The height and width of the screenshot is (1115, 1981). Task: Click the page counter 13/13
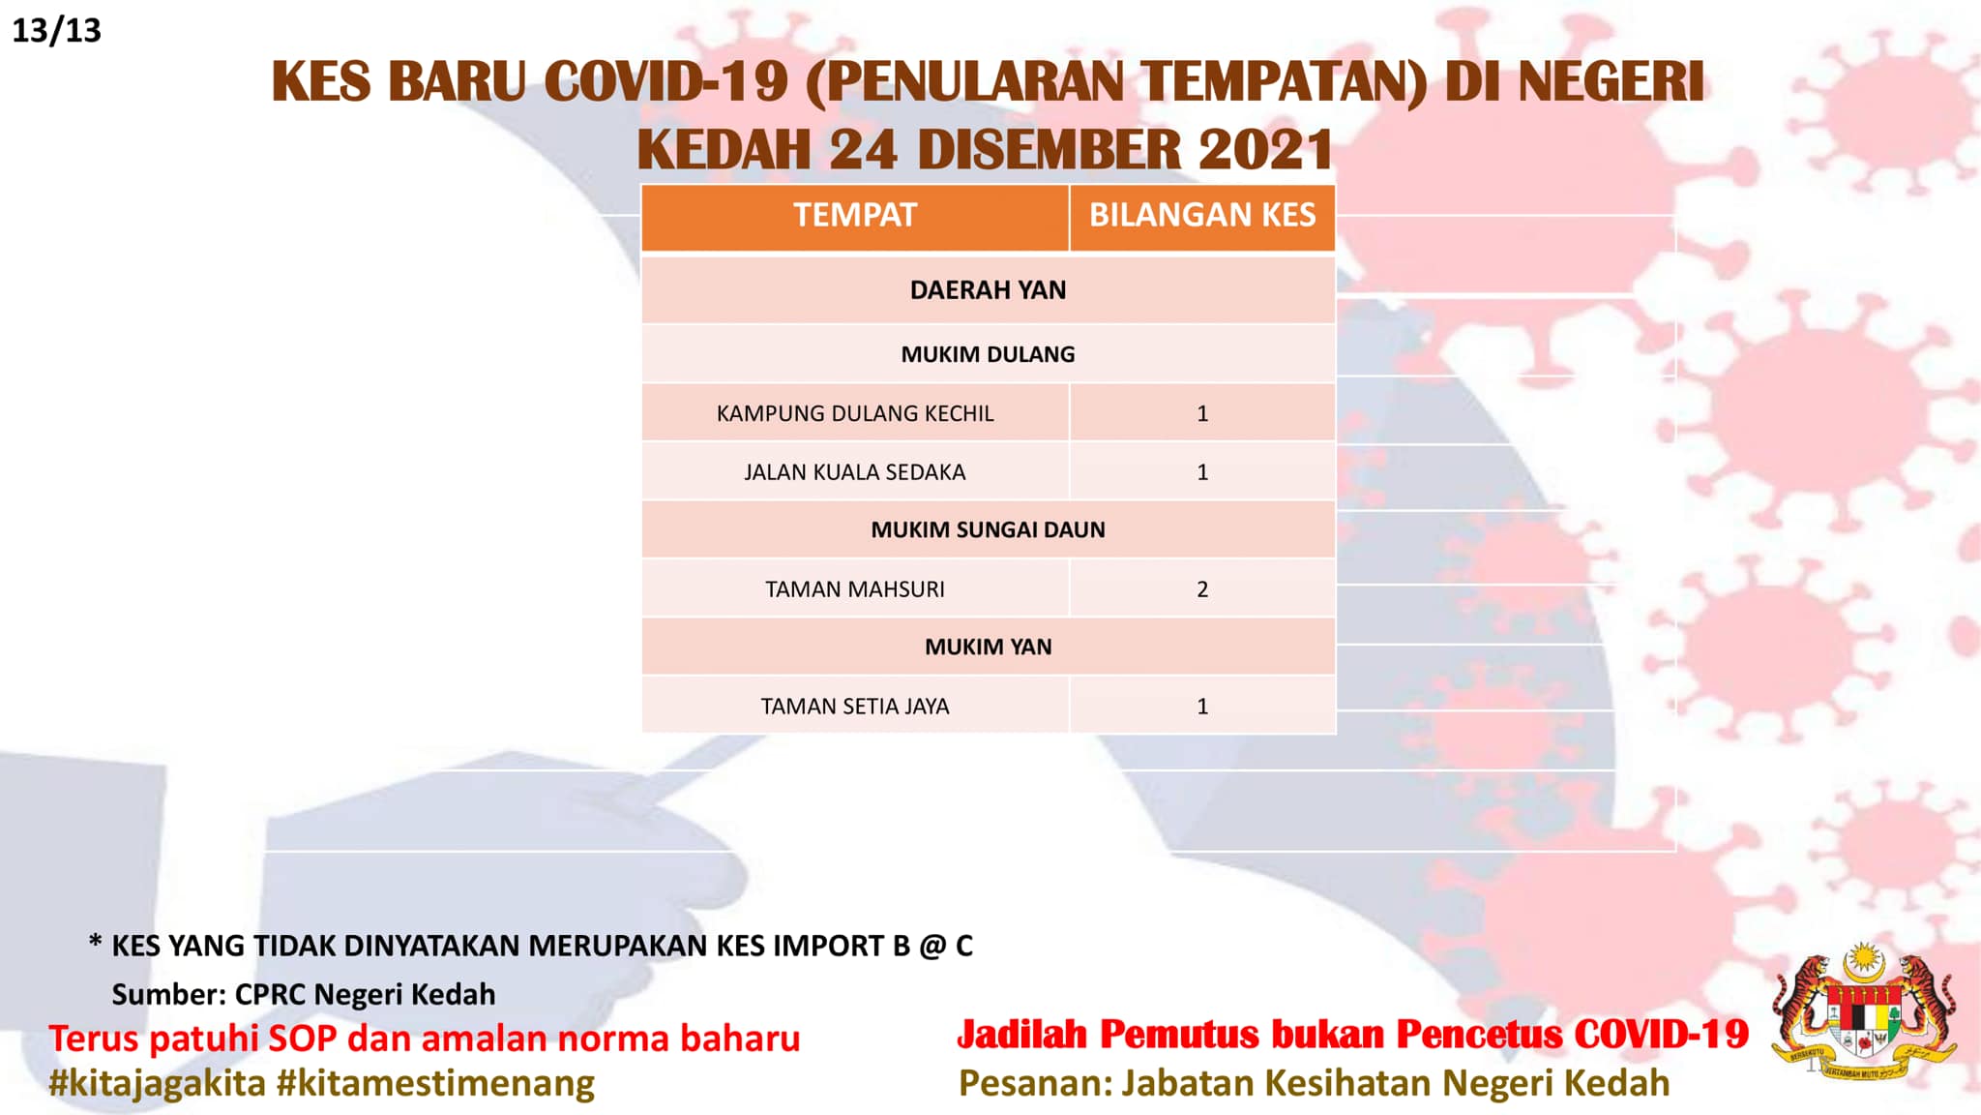coord(56,31)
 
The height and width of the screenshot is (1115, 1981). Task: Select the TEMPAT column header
coord(855,215)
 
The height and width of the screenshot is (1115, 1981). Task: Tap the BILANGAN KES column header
coord(1202,215)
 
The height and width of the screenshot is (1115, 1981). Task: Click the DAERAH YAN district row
coord(988,290)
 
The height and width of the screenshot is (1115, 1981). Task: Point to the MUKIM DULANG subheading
coord(988,354)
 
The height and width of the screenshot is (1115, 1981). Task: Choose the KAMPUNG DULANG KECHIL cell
coord(855,413)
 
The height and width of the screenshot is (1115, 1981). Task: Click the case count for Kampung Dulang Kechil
coord(1202,413)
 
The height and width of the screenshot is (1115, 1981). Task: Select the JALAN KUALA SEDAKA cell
coord(855,472)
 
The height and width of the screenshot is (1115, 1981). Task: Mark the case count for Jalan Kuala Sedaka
coord(1202,472)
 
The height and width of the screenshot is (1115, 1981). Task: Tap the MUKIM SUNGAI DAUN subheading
coord(988,529)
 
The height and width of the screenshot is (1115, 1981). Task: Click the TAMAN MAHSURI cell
coord(855,589)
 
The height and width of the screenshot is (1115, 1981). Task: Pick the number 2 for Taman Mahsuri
coord(1202,589)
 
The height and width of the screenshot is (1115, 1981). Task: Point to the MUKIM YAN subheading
coord(988,647)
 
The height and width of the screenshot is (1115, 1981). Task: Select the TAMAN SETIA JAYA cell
coord(855,707)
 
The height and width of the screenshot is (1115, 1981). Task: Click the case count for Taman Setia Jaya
coord(1202,707)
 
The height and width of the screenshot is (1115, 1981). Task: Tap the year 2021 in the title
coord(1265,149)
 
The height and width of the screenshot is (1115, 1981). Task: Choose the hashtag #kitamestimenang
coord(435,1083)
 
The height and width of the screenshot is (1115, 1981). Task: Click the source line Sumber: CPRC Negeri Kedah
coord(304,994)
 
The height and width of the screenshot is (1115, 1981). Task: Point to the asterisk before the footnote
coord(95,941)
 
